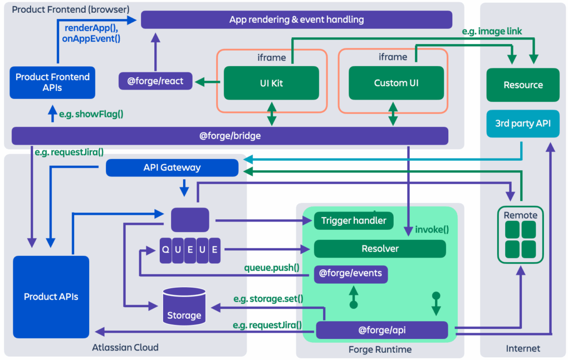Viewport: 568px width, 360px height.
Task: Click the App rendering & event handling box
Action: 296,19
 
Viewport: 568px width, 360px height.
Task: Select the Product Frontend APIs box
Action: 52,82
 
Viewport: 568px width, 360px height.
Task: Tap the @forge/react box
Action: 155,81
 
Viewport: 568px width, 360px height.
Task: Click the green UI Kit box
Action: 271,83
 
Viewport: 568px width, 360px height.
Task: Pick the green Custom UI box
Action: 396,83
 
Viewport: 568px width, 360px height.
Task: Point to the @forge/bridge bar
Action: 230,136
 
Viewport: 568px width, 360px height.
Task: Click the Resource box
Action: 522,85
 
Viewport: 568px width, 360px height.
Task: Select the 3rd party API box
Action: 522,123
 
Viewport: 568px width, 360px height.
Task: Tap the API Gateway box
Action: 172,167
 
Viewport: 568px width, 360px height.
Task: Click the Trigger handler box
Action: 354,221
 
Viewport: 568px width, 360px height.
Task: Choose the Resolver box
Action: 380,249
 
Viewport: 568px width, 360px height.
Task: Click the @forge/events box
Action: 351,274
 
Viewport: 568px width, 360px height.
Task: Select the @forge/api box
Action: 381,330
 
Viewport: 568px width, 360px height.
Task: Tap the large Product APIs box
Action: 51,297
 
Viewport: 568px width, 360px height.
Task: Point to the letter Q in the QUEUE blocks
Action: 165,249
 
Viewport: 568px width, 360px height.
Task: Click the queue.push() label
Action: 272,268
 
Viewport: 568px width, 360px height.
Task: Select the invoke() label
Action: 432,229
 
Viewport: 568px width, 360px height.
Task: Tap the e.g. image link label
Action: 492,32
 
